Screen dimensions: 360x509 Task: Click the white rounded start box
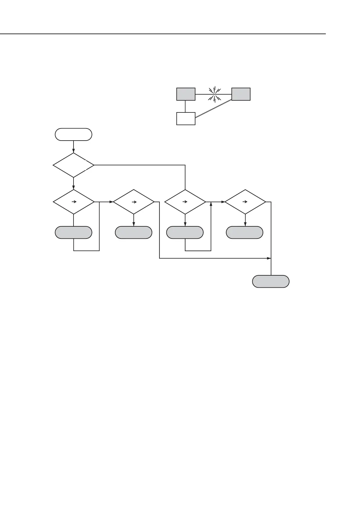pos(73,135)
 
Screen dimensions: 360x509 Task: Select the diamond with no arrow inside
pos(73,165)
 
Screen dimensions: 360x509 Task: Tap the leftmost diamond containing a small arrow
pos(73,202)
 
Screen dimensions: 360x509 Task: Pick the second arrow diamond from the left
pos(133,202)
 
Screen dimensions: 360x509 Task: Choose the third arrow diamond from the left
pos(185,202)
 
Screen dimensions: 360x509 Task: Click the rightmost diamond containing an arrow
pos(245,202)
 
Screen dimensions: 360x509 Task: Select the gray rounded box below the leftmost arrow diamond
pos(73,232)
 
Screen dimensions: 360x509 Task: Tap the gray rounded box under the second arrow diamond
pos(133,232)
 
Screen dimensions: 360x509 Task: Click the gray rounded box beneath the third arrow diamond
pos(185,232)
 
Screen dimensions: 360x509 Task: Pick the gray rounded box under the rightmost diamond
pos(245,232)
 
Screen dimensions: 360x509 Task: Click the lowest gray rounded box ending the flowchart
pos(271,281)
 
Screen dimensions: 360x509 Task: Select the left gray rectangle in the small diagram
pos(186,94)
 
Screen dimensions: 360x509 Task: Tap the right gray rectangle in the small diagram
pos(241,94)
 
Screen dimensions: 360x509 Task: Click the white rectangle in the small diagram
pos(186,118)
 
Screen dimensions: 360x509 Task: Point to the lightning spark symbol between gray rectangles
pos(215,94)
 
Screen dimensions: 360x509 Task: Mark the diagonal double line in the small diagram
pos(214,109)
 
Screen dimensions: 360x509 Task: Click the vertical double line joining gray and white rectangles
pos(186,106)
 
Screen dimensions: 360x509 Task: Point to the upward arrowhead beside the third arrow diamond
pos(211,204)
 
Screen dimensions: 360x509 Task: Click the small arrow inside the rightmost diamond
pos(245,202)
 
